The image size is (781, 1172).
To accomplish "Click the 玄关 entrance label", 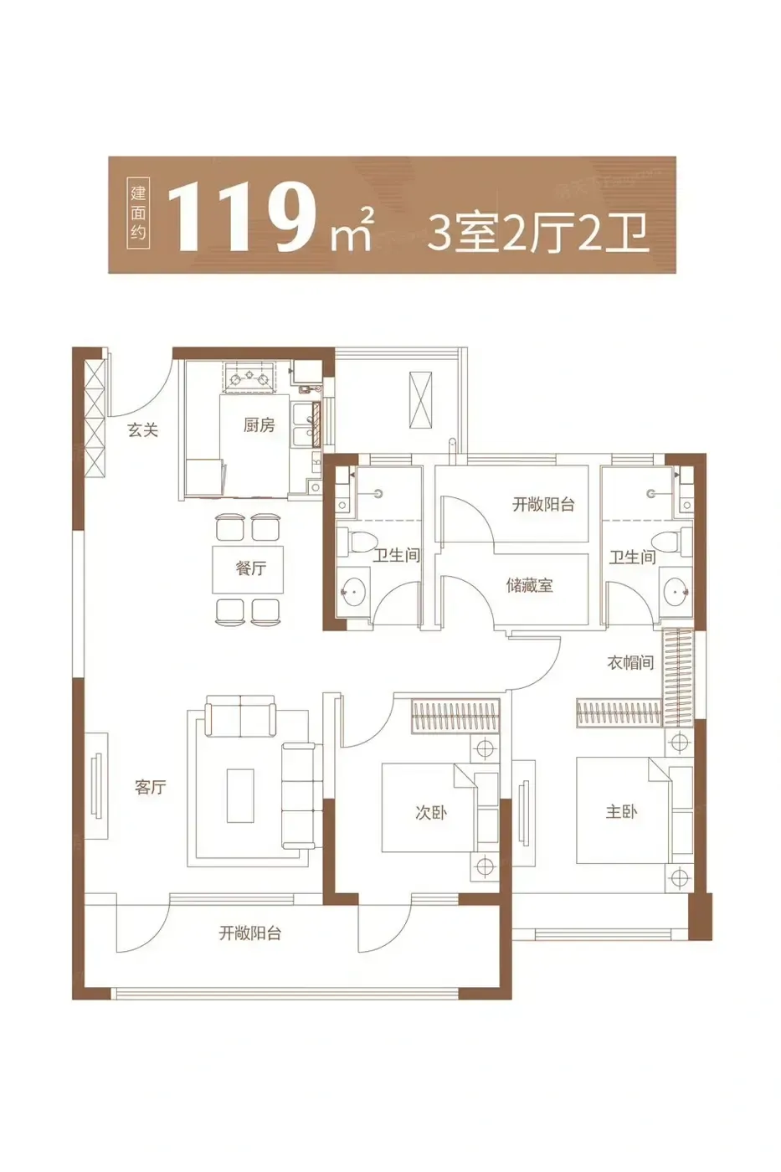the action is click(143, 430).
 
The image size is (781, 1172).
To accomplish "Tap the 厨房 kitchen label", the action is click(259, 425).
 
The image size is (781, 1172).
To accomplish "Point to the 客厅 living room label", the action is click(150, 787).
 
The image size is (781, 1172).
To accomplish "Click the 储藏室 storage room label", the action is click(529, 585).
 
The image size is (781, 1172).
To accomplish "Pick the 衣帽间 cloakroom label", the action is click(630, 663).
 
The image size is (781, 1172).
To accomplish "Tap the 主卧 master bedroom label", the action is click(621, 811).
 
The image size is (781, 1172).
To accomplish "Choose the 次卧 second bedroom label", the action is click(431, 813).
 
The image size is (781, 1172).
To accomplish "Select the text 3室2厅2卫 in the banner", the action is click(538, 234).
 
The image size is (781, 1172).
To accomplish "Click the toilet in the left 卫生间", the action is click(357, 542).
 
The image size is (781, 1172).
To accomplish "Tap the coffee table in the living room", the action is click(240, 795).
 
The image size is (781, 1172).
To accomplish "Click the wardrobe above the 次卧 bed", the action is click(455, 717).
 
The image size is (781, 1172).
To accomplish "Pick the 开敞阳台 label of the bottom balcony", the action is click(250, 933).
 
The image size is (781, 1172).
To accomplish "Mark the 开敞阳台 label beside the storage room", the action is click(543, 504).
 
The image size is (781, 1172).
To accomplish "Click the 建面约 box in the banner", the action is click(138, 214).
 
